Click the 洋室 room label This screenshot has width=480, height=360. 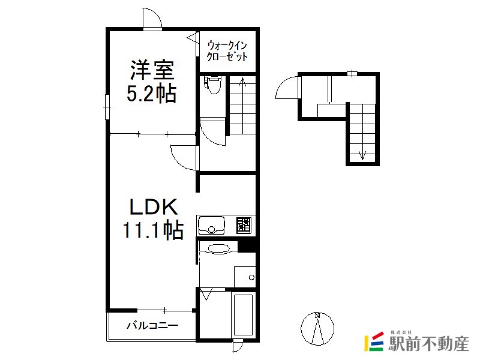point(152,70)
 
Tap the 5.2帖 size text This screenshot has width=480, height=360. point(151,94)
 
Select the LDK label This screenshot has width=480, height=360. point(154,207)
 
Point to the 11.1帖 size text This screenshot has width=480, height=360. point(154,230)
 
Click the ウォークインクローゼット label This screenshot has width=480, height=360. point(227,51)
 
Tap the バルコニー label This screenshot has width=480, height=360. point(152,325)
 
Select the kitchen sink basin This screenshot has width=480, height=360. point(211,226)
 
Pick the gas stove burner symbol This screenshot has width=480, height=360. point(244,226)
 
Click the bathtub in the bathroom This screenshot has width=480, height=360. point(244,315)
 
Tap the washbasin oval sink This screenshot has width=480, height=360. point(218,248)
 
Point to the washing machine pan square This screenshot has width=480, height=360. point(245,277)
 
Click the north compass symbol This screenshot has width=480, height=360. point(317,328)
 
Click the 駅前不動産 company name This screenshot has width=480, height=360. point(428,343)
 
